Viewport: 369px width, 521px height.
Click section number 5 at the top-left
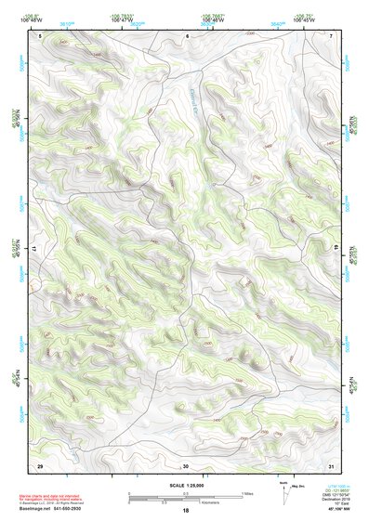tap(41, 35)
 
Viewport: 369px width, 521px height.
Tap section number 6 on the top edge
tap(187, 35)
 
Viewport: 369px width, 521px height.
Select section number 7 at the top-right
tap(332, 35)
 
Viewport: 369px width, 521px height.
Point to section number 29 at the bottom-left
tap(40, 464)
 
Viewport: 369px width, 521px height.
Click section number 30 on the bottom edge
tap(186, 464)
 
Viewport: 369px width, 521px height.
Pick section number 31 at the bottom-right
tap(332, 464)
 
